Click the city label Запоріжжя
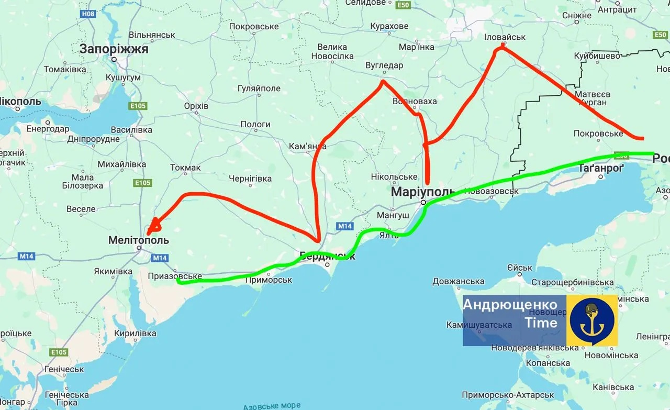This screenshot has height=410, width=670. [x=114, y=49]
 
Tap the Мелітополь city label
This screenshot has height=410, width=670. [x=138, y=240]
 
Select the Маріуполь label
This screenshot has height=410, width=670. [x=422, y=192]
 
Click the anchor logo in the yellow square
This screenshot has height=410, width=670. [x=592, y=320]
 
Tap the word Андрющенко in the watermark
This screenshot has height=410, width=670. [x=510, y=305]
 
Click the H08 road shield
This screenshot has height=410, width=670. [x=88, y=14]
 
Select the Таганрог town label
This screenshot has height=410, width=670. [x=601, y=168]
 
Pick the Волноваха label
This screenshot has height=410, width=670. [x=414, y=101]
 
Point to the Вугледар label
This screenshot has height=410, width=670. [x=384, y=65]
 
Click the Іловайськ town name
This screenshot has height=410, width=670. [x=505, y=37]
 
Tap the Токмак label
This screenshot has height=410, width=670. [x=185, y=168]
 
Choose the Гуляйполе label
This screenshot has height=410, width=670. [x=259, y=88]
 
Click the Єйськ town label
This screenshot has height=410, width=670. [x=519, y=268]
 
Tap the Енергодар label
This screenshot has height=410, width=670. [x=48, y=129]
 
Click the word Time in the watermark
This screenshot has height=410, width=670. [x=541, y=323]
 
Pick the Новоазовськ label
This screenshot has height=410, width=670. [x=491, y=191]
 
